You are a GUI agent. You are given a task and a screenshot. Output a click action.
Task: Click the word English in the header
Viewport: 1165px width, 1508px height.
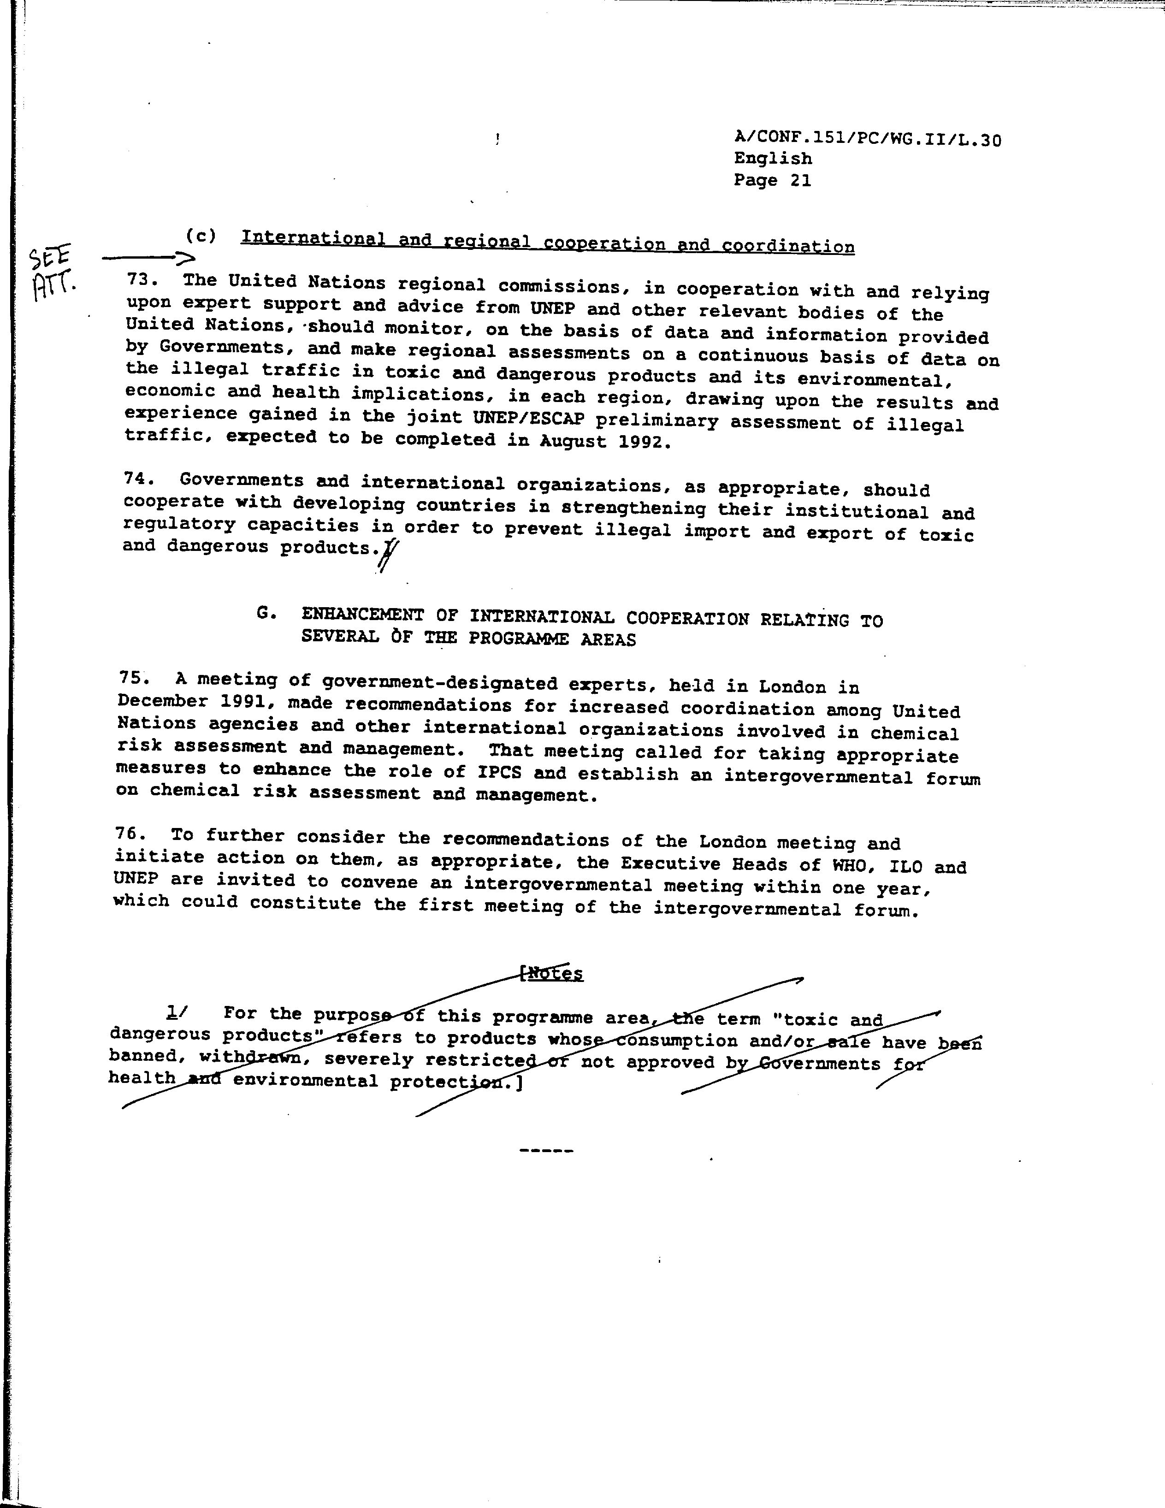point(772,158)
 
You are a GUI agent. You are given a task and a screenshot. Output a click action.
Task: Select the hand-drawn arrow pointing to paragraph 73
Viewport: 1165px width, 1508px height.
point(148,258)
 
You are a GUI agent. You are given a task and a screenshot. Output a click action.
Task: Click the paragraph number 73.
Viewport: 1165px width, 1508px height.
point(142,280)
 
